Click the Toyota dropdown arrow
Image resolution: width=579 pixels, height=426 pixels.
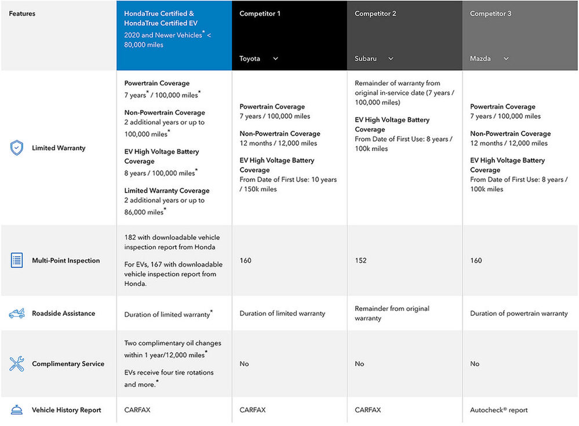[x=275, y=59]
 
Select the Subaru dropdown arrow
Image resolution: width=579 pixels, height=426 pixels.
[x=391, y=59]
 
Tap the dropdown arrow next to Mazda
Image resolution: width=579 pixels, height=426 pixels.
[x=506, y=59]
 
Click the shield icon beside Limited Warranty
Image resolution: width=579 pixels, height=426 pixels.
[x=17, y=148]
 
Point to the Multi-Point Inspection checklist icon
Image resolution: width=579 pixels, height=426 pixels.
[x=17, y=260]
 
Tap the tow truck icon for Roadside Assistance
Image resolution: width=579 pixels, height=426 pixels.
[x=17, y=314]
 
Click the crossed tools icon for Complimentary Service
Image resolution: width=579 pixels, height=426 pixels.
[x=17, y=363]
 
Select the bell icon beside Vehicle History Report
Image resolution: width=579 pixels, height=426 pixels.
[x=17, y=410]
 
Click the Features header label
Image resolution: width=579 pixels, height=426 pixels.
[x=22, y=14]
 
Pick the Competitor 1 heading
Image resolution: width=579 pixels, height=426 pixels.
[x=260, y=14]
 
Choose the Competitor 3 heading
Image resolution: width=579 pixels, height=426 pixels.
[x=490, y=14]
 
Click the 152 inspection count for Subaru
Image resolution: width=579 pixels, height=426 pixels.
[x=360, y=260]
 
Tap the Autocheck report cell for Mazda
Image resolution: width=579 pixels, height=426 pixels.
[x=498, y=410]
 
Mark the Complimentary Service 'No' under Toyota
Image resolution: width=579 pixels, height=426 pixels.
[x=244, y=363]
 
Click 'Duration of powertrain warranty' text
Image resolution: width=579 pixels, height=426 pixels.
[x=519, y=314]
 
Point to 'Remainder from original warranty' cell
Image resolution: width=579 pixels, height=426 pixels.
[x=392, y=313]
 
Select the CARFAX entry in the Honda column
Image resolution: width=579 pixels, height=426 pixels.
[x=137, y=410]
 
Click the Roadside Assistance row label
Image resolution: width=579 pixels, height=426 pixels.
[x=64, y=314]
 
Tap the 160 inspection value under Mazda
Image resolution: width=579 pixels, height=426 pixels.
[x=476, y=260]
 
